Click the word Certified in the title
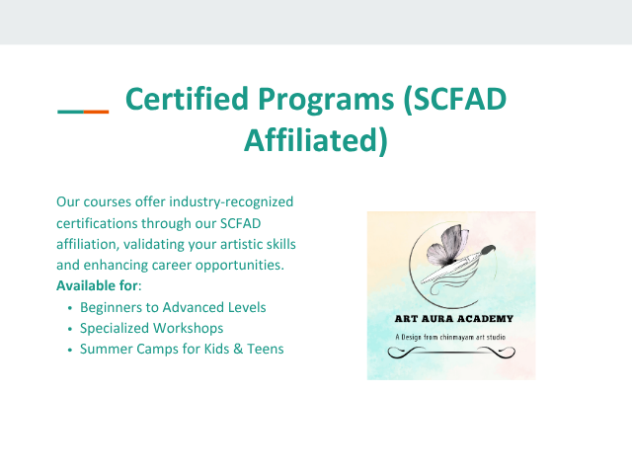tap(187, 99)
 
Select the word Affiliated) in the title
tap(316, 140)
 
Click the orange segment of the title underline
tap(97, 112)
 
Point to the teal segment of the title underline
tap(70, 112)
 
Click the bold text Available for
tap(97, 285)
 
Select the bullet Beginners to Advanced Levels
tap(173, 307)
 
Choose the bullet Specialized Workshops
tap(151, 329)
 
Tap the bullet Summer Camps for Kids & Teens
tap(182, 349)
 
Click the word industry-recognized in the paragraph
tap(231, 201)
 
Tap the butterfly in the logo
tap(447, 246)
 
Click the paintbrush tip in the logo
tap(489, 250)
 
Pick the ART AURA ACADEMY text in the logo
tap(454, 319)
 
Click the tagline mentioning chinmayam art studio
tap(450, 337)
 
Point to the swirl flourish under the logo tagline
tap(451, 353)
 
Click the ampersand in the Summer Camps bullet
tap(238, 349)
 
